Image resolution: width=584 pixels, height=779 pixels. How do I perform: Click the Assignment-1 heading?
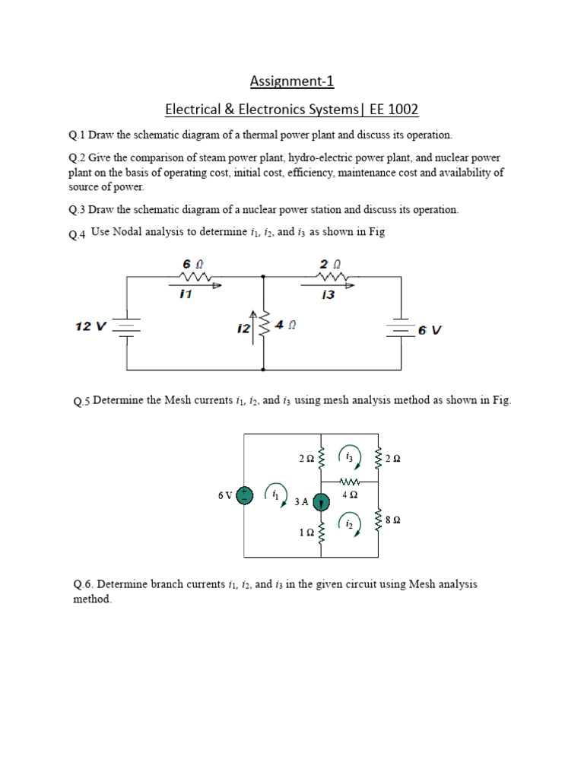tap(292, 81)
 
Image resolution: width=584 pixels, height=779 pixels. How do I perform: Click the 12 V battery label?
tap(92, 326)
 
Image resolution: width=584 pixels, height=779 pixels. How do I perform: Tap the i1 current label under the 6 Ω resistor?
tap(186, 294)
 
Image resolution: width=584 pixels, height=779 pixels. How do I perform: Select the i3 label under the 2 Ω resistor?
tap(328, 294)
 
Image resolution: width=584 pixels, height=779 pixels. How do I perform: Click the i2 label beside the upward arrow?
tap(243, 328)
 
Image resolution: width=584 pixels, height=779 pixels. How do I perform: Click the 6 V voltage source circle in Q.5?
tap(244, 495)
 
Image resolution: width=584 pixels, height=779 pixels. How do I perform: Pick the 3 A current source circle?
tap(321, 501)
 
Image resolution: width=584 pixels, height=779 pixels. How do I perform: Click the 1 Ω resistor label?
tap(306, 533)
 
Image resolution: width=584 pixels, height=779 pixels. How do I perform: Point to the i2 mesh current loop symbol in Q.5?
tap(350, 523)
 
